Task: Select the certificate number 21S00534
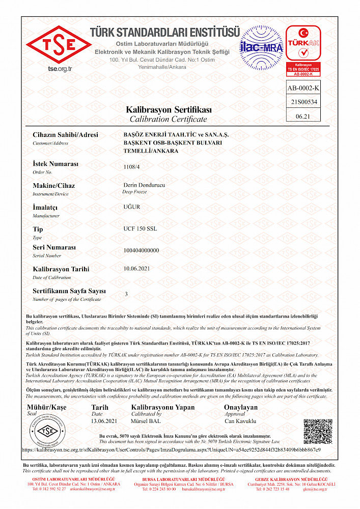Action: click(x=304, y=102)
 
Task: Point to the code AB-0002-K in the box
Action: click(x=304, y=88)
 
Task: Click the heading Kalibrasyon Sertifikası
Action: click(x=169, y=110)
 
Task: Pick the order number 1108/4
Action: click(x=131, y=166)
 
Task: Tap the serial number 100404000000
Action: click(x=141, y=250)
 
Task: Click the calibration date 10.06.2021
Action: click(x=136, y=268)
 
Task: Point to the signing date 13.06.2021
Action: click(x=104, y=421)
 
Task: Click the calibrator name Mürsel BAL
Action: click(x=146, y=421)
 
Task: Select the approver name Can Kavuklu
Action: click(x=240, y=421)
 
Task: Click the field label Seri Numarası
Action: click(x=54, y=247)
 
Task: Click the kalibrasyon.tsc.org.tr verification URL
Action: click(x=171, y=450)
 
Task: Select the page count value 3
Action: click(x=126, y=294)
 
